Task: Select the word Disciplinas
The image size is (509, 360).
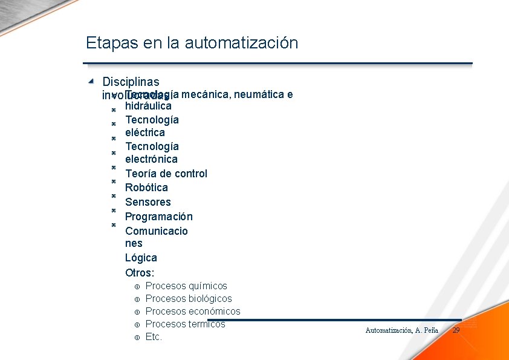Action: coord(131,82)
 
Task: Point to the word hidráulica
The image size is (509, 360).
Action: coord(148,106)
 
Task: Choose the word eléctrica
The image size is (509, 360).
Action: coord(144,133)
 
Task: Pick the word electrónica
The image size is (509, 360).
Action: coord(151,159)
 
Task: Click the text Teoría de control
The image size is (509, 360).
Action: coord(166,174)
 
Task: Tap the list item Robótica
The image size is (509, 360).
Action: coord(146,188)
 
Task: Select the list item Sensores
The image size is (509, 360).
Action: coord(148,202)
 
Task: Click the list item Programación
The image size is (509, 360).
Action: coord(158,217)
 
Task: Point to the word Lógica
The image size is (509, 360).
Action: coord(141,258)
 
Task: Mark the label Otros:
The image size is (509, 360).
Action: coord(140,273)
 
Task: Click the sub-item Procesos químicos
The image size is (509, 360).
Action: coord(186,286)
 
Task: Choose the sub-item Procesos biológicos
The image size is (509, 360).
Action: coord(189,299)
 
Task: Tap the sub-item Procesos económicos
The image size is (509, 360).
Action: coord(193,312)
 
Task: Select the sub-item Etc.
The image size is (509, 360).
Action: coord(154,337)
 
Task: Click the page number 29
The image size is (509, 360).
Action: coord(456,330)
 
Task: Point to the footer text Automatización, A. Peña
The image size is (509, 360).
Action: coord(401,330)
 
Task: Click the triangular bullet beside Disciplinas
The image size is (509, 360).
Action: coord(91,80)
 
